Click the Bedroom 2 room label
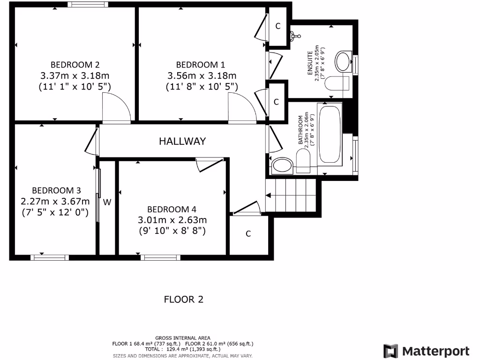click(75, 65)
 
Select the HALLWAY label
click(182, 141)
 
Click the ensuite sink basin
click(345, 60)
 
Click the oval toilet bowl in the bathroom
click(282, 165)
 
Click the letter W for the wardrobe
click(107, 202)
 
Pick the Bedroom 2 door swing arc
click(117, 107)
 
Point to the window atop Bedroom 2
click(87, 5)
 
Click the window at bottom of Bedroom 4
click(161, 257)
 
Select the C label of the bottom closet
click(248, 233)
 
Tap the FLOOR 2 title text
click(183, 299)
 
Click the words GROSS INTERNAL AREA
click(183, 338)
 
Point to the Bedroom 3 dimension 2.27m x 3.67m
click(55, 201)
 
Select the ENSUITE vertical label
click(310, 63)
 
